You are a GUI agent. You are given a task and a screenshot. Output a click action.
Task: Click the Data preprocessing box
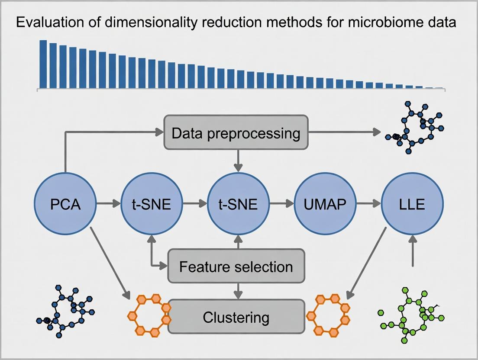point(236,133)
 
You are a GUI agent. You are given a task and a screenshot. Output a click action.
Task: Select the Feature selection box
point(236,266)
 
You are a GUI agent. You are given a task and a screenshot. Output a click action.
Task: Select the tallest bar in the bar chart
point(43,64)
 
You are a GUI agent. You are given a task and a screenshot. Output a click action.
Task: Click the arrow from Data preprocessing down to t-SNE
point(238,160)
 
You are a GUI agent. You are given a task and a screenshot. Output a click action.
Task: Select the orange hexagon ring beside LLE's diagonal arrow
point(328,315)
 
